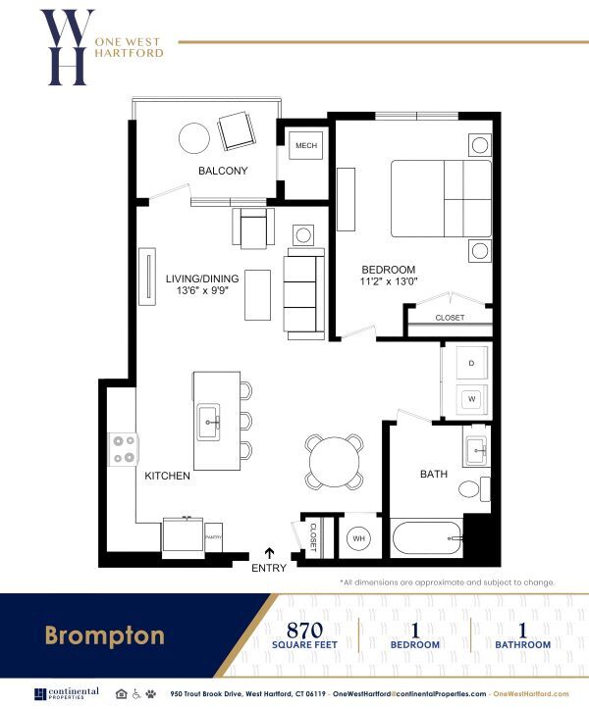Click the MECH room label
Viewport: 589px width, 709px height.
[304, 147]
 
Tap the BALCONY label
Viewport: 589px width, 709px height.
[223, 171]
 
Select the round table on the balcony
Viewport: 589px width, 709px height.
[194, 136]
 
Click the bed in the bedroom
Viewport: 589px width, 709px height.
[441, 198]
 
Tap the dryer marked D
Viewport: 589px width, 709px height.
[470, 364]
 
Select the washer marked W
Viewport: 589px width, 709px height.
[470, 399]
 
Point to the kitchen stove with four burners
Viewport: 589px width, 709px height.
[125, 449]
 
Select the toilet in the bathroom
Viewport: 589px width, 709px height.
[470, 488]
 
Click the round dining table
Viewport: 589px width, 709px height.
[332, 459]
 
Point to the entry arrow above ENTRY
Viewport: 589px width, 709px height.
[270, 554]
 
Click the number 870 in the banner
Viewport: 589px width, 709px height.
[305, 629]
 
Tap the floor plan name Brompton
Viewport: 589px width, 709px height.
[104, 635]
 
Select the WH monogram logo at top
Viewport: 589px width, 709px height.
[67, 47]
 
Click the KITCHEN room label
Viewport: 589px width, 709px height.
[167, 476]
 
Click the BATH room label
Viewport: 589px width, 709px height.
[433, 474]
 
